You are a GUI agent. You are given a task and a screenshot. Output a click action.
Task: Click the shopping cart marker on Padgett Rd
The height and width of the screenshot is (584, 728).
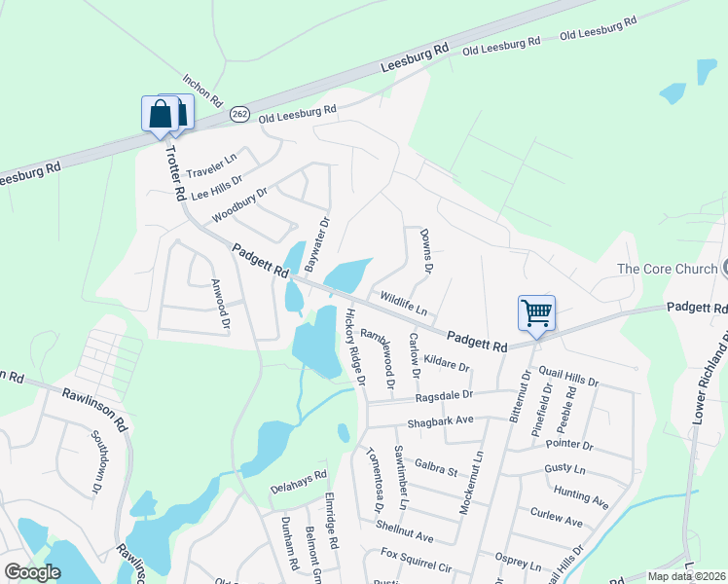point(536,313)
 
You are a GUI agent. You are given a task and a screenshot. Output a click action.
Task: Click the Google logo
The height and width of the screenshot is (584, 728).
point(32,572)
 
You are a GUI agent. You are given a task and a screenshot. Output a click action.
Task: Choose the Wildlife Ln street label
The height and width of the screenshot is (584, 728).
point(404,302)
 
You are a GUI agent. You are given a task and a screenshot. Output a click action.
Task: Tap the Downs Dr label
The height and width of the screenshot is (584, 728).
point(425,250)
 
